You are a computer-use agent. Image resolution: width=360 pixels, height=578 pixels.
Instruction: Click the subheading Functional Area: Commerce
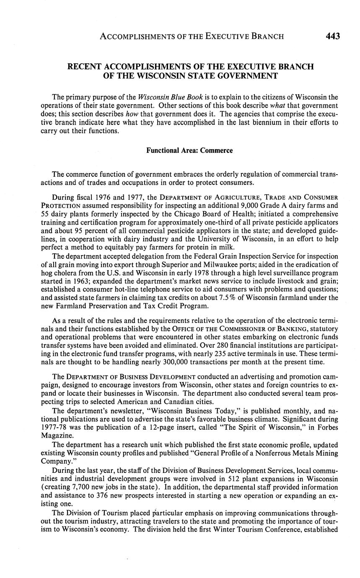click(189, 150)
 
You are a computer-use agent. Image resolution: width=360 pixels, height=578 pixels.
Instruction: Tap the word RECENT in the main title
click(88, 67)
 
